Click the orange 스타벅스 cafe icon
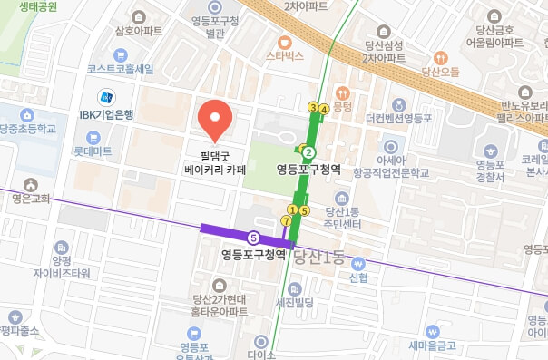pos(284,41)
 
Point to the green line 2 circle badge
pos(308,152)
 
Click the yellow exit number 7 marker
pos(287,220)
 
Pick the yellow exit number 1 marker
pos(292,210)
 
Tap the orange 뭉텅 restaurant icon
pos(342,92)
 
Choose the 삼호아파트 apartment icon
pos(139,16)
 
